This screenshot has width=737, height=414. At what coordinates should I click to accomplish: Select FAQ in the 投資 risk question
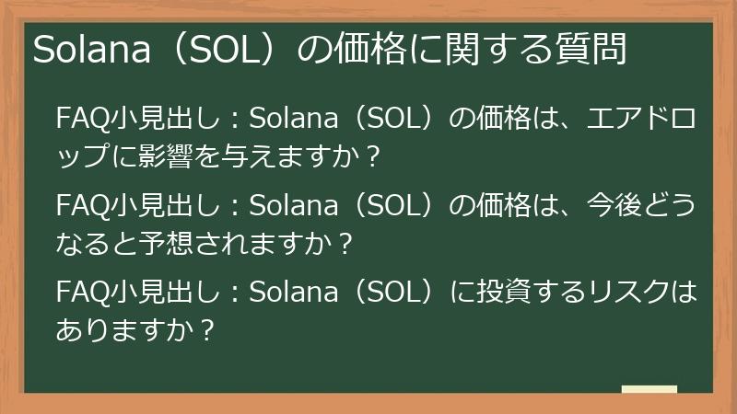(81, 294)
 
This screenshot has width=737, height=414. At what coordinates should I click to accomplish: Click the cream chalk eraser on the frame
(649, 389)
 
